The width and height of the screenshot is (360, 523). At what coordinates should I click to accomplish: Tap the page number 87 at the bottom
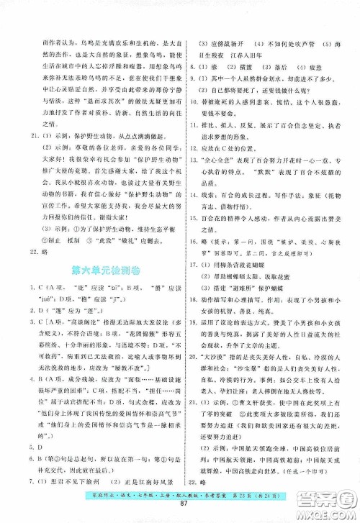180,511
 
